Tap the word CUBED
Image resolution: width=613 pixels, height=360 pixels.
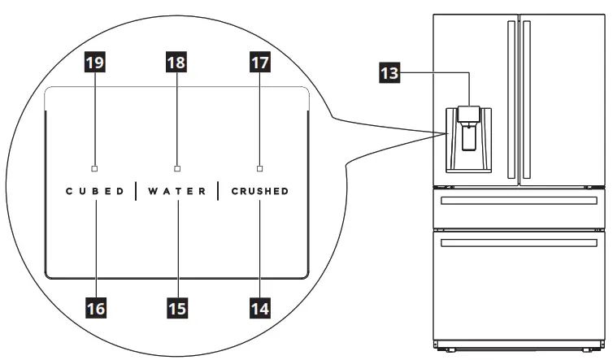pyautogui.click(x=95, y=193)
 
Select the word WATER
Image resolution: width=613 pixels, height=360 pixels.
pyautogui.click(x=176, y=193)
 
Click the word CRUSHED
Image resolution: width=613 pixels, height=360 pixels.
pyautogui.click(x=259, y=193)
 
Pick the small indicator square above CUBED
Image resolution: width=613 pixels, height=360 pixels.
pyautogui.click(x=95, y=168)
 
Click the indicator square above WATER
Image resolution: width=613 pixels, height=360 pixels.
pyautogui.click(x=177, y=168)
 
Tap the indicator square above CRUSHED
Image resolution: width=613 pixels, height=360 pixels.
pyautogui.click(x=259, y=168)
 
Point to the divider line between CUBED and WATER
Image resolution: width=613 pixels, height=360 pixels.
pyautogui.click(x=136, y=192)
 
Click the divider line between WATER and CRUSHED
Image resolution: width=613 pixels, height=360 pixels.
pyautogui.click(x=218, y=192)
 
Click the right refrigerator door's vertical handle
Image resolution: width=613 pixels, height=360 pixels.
pyautogui.click(x=527, y=98)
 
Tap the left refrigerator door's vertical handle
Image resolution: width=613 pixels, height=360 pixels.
pyautogui.click(x=511, y=98)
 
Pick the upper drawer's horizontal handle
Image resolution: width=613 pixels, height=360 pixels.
pyautogui.click(x=516, y=200)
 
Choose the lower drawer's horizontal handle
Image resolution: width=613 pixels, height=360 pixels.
pyautogui.click(x=516, y=242)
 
